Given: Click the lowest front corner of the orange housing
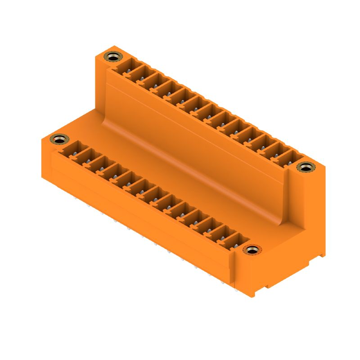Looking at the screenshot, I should click(x=254, y=297).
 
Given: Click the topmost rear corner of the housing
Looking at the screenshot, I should click(x=114, y=46).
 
